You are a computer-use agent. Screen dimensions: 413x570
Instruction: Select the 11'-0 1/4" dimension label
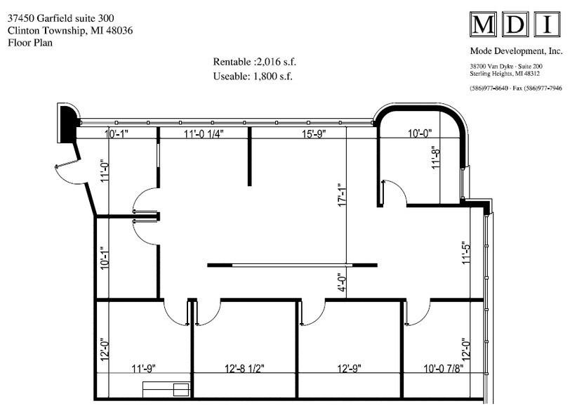pos(204,133)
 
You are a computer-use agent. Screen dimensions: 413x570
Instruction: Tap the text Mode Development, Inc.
pos(516,51)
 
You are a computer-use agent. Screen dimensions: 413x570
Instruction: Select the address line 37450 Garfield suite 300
pos(62,18)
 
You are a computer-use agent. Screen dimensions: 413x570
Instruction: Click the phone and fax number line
pos(516,88)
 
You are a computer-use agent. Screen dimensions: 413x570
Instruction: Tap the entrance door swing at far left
pos(68,173)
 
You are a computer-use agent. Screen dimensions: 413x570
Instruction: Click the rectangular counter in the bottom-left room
pos(166,389)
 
